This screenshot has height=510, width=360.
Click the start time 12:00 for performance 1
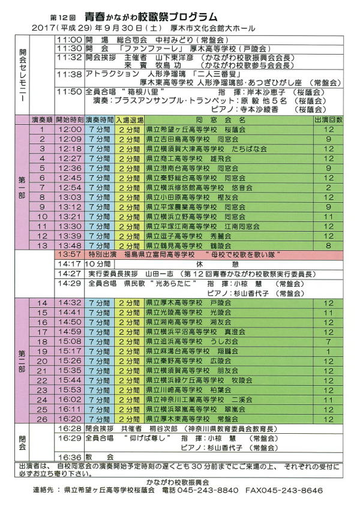[70, 129]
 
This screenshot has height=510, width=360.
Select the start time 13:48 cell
[70, 246]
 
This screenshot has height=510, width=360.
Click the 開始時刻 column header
[70, 120]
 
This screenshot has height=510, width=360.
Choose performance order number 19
[42, 351]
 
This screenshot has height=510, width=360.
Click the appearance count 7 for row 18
[328, 341]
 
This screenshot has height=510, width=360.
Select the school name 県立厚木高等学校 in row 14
[175, 303]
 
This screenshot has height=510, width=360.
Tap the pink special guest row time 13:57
[70, 255]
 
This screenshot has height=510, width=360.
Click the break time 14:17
[70, 264]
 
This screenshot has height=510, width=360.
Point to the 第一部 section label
[22, 187]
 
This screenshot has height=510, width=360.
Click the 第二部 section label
[22, 361]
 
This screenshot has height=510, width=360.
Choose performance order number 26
[42, 418]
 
